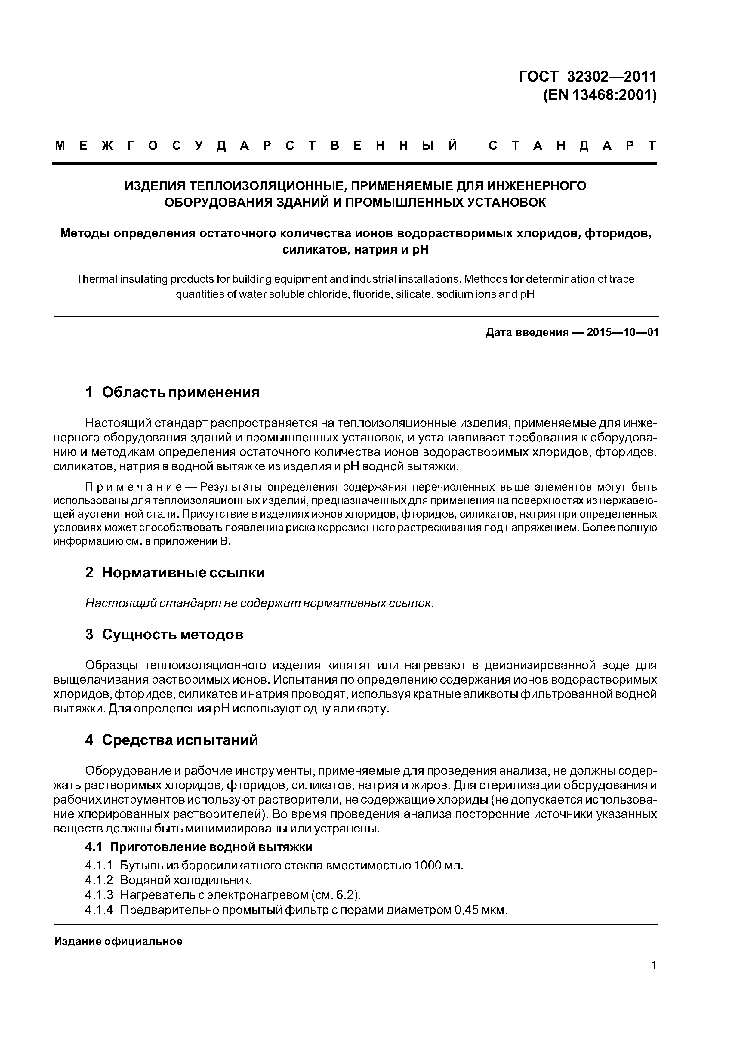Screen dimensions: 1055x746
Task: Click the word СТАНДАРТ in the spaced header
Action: tap(572, 146)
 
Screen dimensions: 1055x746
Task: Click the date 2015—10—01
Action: tap(622, 332)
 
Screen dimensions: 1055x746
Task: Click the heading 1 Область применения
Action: tap(172, 392)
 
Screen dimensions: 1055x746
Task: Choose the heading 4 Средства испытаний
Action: tap(171, 740)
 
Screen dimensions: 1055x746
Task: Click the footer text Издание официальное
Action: tap(118, 942)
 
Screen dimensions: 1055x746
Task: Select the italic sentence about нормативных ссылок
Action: tap(260, 603)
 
